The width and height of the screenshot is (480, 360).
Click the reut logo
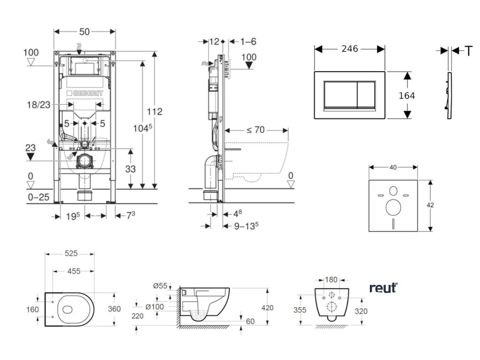click(383, 288)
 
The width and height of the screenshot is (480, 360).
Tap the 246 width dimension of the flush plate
click(349, 49)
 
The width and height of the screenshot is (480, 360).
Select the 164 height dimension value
click(407, 96)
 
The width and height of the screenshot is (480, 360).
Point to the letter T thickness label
click(468, 51)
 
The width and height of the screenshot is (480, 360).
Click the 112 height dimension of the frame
click(154, 112)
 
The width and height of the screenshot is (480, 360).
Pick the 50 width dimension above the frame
click(85, 31)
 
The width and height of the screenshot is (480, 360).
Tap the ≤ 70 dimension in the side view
click(255, 130)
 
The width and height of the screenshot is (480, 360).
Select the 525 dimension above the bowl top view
click(70, 254)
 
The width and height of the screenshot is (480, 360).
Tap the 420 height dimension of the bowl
click(267, 308)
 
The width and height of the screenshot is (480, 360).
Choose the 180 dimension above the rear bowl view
click(331, 280)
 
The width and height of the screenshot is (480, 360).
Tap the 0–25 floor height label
click(37, 197)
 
